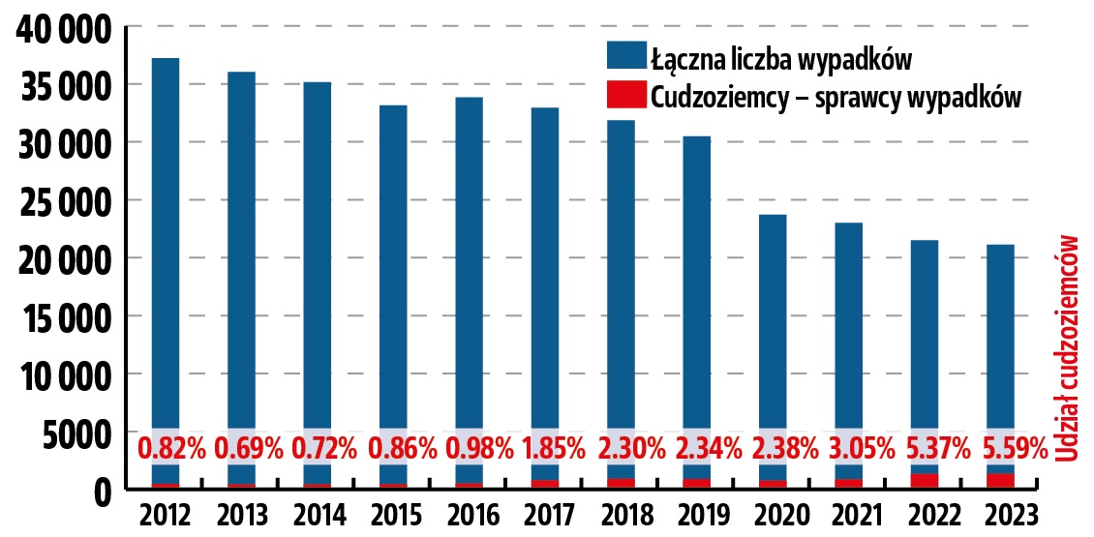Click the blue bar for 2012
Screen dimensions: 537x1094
point(166,242)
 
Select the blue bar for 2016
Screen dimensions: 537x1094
point(470,261)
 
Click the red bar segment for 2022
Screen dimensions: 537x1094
point(925,481)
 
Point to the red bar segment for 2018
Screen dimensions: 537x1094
point(622,483)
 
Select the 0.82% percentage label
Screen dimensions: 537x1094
point(172,449)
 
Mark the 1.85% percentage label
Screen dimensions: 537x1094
point(554,449)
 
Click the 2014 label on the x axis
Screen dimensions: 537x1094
point(318,514)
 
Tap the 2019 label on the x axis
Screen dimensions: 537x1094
point(697,514)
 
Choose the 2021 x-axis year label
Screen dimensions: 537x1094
point(849,514)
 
